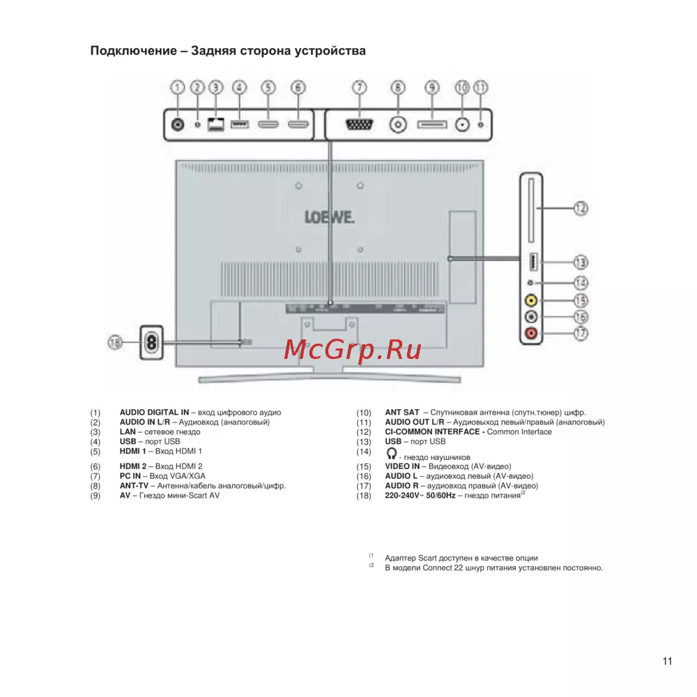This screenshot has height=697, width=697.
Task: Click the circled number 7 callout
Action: pyautogui.click(x=358, y=88)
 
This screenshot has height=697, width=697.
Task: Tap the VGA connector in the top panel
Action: pyautogui.click(x=358, y=125)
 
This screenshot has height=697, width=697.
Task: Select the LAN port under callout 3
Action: pyautogui.click(x=216, y=125)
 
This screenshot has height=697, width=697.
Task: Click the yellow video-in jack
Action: pyautogui.click(x=532, y=301)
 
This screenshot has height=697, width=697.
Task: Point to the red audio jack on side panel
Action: pyautogui.click(x=532, y=334)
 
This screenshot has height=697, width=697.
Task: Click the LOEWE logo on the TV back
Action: pyautogui.click(x=329, y=217)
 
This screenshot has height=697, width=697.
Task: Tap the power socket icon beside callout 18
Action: pyautogui.click(x=151, y=342)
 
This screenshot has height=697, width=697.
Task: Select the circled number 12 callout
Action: pyautogui.click(x=580, y=208)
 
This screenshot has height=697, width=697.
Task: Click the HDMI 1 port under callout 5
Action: pyautogui.click(x=268, y=125)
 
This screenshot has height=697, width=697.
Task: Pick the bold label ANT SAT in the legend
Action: pyautogui.click(x=402, y=413)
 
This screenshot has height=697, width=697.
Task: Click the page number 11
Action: pyautogui.click(x=667, y=661)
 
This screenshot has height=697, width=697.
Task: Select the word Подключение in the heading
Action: pyautogui.click(x=131, y=52)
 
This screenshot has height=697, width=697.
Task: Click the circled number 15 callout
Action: pyautogui.click(x=580, y=300)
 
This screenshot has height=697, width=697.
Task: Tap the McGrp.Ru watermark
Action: pyautogui.click(x=353, y=349)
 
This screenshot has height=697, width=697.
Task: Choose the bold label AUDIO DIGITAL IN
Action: pyautogui.click(x=149, y=413)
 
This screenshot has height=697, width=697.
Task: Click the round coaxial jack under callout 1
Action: pyautogui.click(x=178, y=125)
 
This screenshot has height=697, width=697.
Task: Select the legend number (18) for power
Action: pyautogui.click(x=362, y=496)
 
